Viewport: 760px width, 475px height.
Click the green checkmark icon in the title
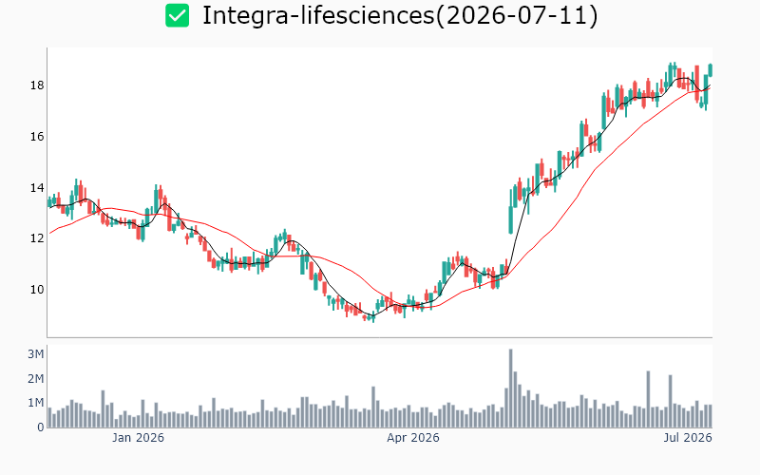click(x=177, y=15)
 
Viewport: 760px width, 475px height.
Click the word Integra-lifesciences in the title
click(x=318, y=15)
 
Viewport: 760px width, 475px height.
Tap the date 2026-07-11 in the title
click(x=517, y=15)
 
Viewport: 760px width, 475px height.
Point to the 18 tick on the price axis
click(x=37, y=85)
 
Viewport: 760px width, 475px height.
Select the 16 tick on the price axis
click(x=37, y=137)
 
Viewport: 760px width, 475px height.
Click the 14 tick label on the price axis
click(x=37, y=187)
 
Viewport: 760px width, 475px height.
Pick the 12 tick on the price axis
click(x=37, y=238)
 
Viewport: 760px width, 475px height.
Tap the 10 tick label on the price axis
click(x=37, y=290)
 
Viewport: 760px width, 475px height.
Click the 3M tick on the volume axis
click(x=36, y=354)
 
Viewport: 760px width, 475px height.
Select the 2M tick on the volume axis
click(x=36, y=378)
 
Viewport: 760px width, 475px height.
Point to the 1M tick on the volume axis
click(x=36, y=403)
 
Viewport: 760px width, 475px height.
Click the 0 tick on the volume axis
click(x=41, y=427)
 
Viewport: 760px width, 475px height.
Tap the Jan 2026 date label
click(x=138, y=438)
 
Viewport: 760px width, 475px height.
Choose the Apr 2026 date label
click(x=413, y=438)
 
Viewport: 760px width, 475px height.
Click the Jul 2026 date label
click(x=688, y=438)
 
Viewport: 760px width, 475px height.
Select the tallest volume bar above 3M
click(x=510, y=389)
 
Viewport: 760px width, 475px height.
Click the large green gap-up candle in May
click(x=510, y=220)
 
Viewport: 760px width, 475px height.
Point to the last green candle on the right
click(x=711, y=70)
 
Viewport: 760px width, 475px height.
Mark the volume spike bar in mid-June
click(x=648, y=399)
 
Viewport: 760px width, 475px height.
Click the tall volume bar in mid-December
click(x=103, y=409)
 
